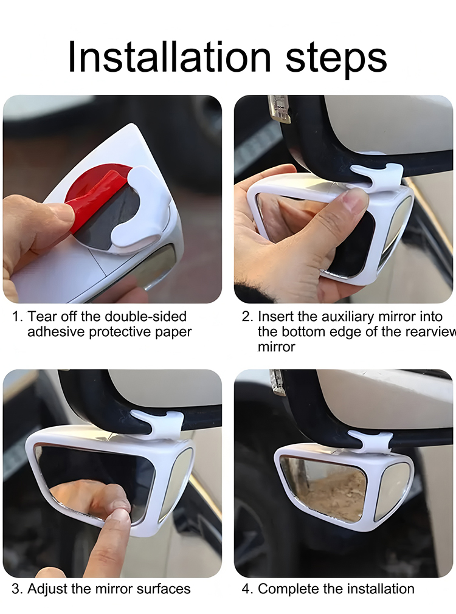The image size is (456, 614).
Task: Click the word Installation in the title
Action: click(169, 57)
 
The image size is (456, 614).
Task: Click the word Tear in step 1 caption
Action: click(41, 316)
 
